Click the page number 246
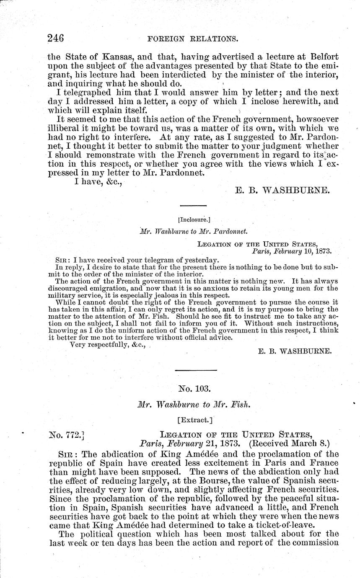coord(61,39)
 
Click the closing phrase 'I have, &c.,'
coord(101,181)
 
